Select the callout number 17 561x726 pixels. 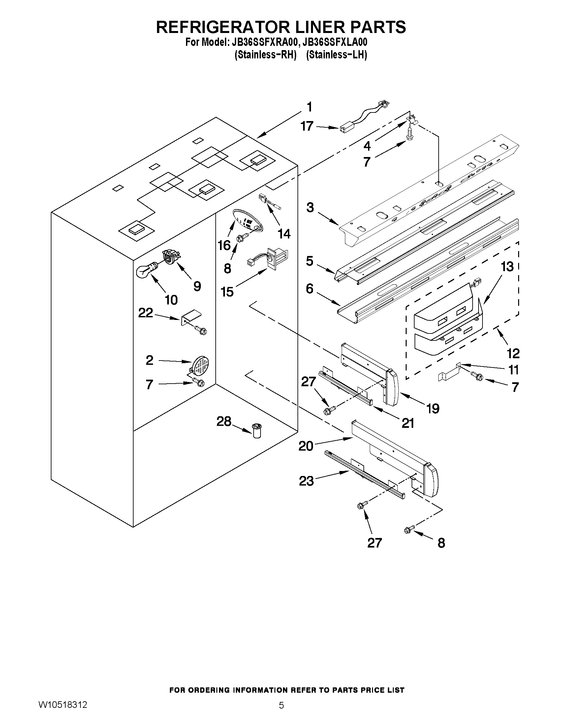[307, 126]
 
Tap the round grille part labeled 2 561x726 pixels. [202, 365]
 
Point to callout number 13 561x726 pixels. [507, 267]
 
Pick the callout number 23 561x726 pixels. [306, 481]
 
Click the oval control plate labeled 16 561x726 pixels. [248, 220]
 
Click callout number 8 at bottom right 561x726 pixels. [441, 543]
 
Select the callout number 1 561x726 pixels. [309, 108]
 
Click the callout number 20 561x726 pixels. [306, 446]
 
